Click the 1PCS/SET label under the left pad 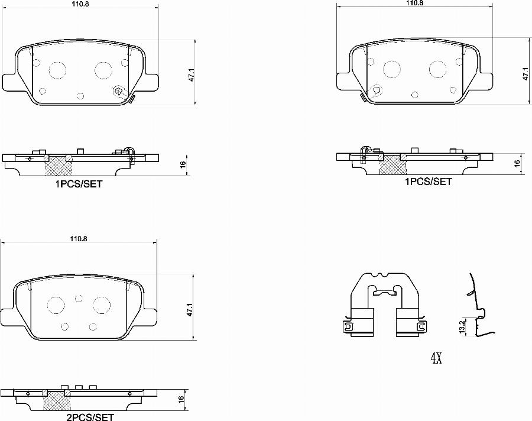tap(79, 184)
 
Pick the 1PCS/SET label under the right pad tap(428, 182)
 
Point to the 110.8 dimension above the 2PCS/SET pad tap(78, 239)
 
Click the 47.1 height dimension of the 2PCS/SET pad tap(189, 309)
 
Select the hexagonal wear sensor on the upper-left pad tap(118, 91)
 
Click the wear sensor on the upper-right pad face tap(376, 90)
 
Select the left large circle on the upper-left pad tap(58, 70)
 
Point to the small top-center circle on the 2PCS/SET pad tap(79, 299)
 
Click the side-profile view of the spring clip tap(477, 307)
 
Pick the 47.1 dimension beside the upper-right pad tap(524, 74)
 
